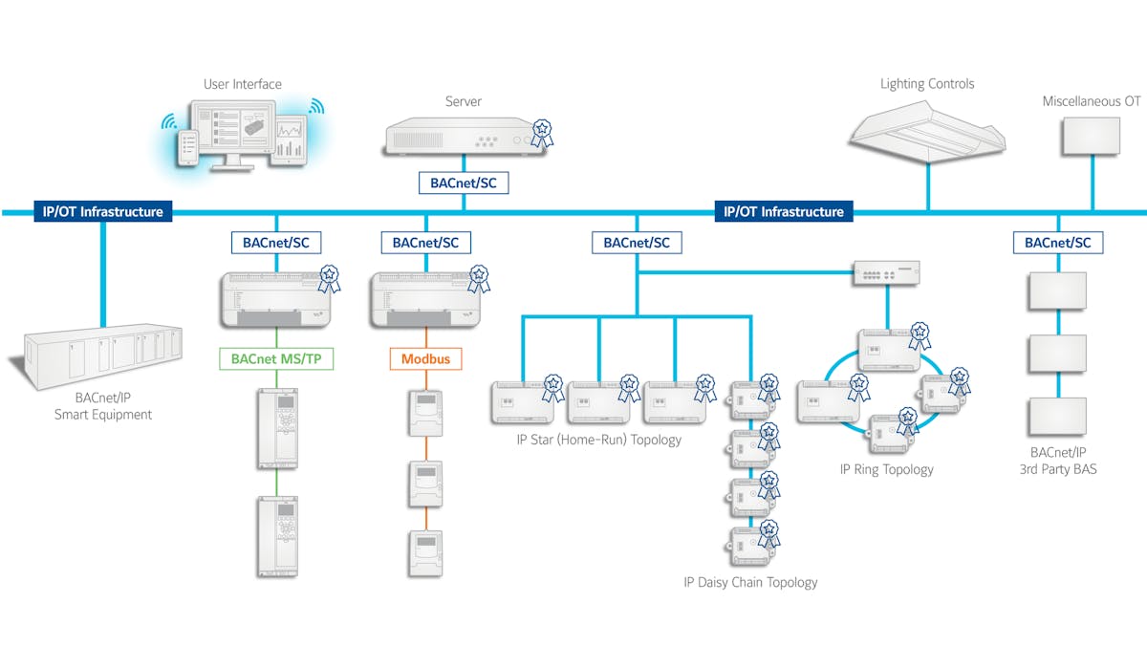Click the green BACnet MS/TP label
coord(276,360)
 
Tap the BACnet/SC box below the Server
coord(464,182)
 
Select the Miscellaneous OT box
coord(1091,136)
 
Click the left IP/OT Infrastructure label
coord(102,211)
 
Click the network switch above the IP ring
coord(887,274)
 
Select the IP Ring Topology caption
coord(886,469)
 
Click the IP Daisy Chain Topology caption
coord(750,582)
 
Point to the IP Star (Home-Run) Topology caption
coord(597,440)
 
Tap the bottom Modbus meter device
coord(425,551)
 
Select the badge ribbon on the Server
coord(542,132)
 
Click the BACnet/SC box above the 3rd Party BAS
coord(1058,243)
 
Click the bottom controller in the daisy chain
coord(749,546)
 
